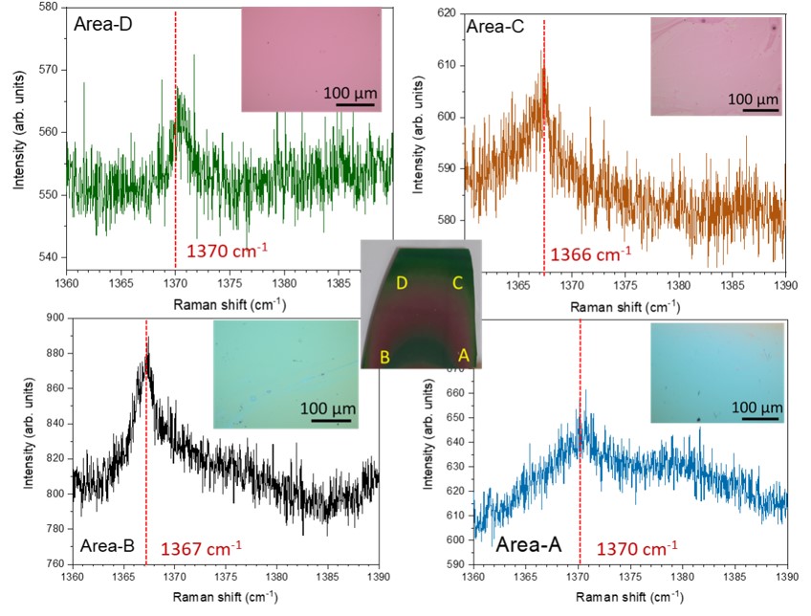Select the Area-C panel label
click(x=494, y=27)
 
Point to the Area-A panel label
click(x=530, y=548)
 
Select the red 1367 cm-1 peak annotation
click(x=201, y=548)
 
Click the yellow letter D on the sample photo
click(x=404, y=283)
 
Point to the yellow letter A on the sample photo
click(x=464, y=355)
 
